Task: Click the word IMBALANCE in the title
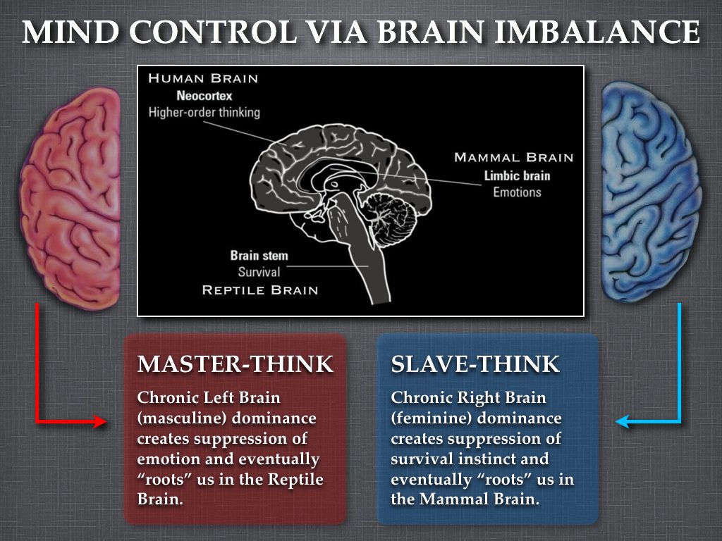point(597,32)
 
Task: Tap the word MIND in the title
point(71,32)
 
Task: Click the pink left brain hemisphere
point(70,198)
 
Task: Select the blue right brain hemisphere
point(651,192)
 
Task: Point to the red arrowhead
point(99,421)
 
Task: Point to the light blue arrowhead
point(623,421)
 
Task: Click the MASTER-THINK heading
point(235,364)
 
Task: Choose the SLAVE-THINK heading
point(475,364)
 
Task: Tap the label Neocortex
point(204,96)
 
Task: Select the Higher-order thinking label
point(204,112)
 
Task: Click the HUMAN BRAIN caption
point(203,78)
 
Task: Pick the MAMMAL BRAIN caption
point(514,157)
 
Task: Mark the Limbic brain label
point(517,175)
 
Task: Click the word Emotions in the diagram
point(517,192)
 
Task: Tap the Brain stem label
point(259,255)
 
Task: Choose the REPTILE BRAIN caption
point(260,290)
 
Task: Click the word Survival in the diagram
point(259,272)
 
